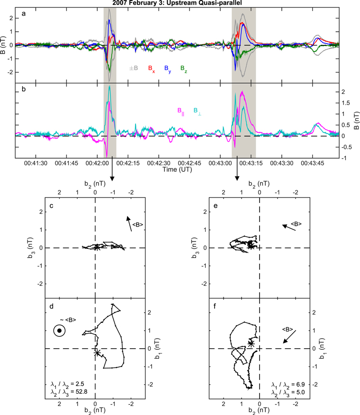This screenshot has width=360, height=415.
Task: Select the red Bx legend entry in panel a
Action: click(151, 69)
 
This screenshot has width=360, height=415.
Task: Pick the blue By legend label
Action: click(168, 69)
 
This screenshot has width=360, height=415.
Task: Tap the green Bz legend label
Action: click(183, 69)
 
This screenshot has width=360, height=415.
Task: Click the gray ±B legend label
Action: click(134, 69)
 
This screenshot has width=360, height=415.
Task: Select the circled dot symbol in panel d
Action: click(59, 331)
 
